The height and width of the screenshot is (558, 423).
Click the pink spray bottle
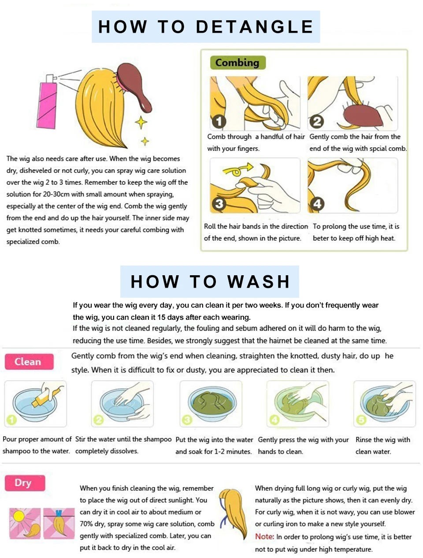48,102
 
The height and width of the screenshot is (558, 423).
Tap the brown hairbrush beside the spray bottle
134,86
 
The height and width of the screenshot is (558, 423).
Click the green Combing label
238,63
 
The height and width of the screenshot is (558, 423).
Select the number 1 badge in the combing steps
219,121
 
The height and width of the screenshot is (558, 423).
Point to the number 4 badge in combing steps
317,204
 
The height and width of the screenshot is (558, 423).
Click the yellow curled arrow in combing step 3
237,169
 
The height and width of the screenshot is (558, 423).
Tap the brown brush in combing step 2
363,116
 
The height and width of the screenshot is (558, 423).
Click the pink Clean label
29,361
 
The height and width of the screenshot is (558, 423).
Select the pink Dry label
25,483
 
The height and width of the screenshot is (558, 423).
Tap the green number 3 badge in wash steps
187,419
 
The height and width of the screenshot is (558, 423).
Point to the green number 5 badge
361,419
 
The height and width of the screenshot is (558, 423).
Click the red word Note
264,536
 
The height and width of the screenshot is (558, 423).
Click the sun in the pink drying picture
19,516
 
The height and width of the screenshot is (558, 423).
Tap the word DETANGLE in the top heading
255,27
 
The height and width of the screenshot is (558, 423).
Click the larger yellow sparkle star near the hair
141,122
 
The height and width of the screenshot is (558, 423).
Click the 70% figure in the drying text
86,524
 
